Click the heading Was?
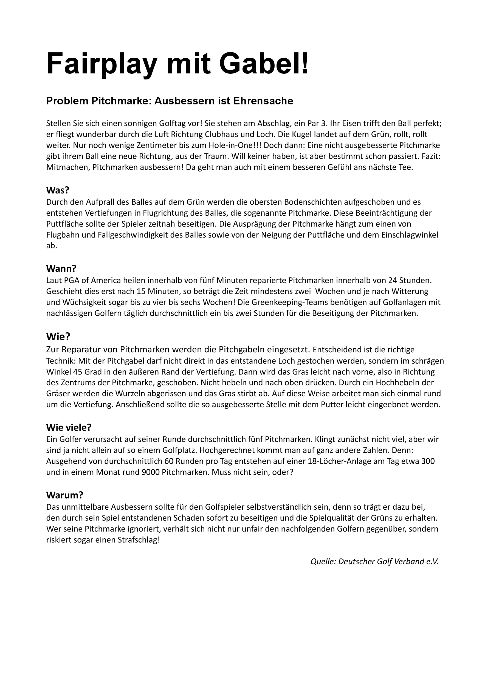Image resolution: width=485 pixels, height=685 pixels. [58, 190]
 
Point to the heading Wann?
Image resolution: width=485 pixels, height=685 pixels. [61, 269]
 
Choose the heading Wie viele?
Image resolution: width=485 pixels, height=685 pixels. [69, 427]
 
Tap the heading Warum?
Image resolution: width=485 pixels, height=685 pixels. [64, 495]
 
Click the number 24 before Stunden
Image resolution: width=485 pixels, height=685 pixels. [393, 281]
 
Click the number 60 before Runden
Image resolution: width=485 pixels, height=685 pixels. [169, 461]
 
